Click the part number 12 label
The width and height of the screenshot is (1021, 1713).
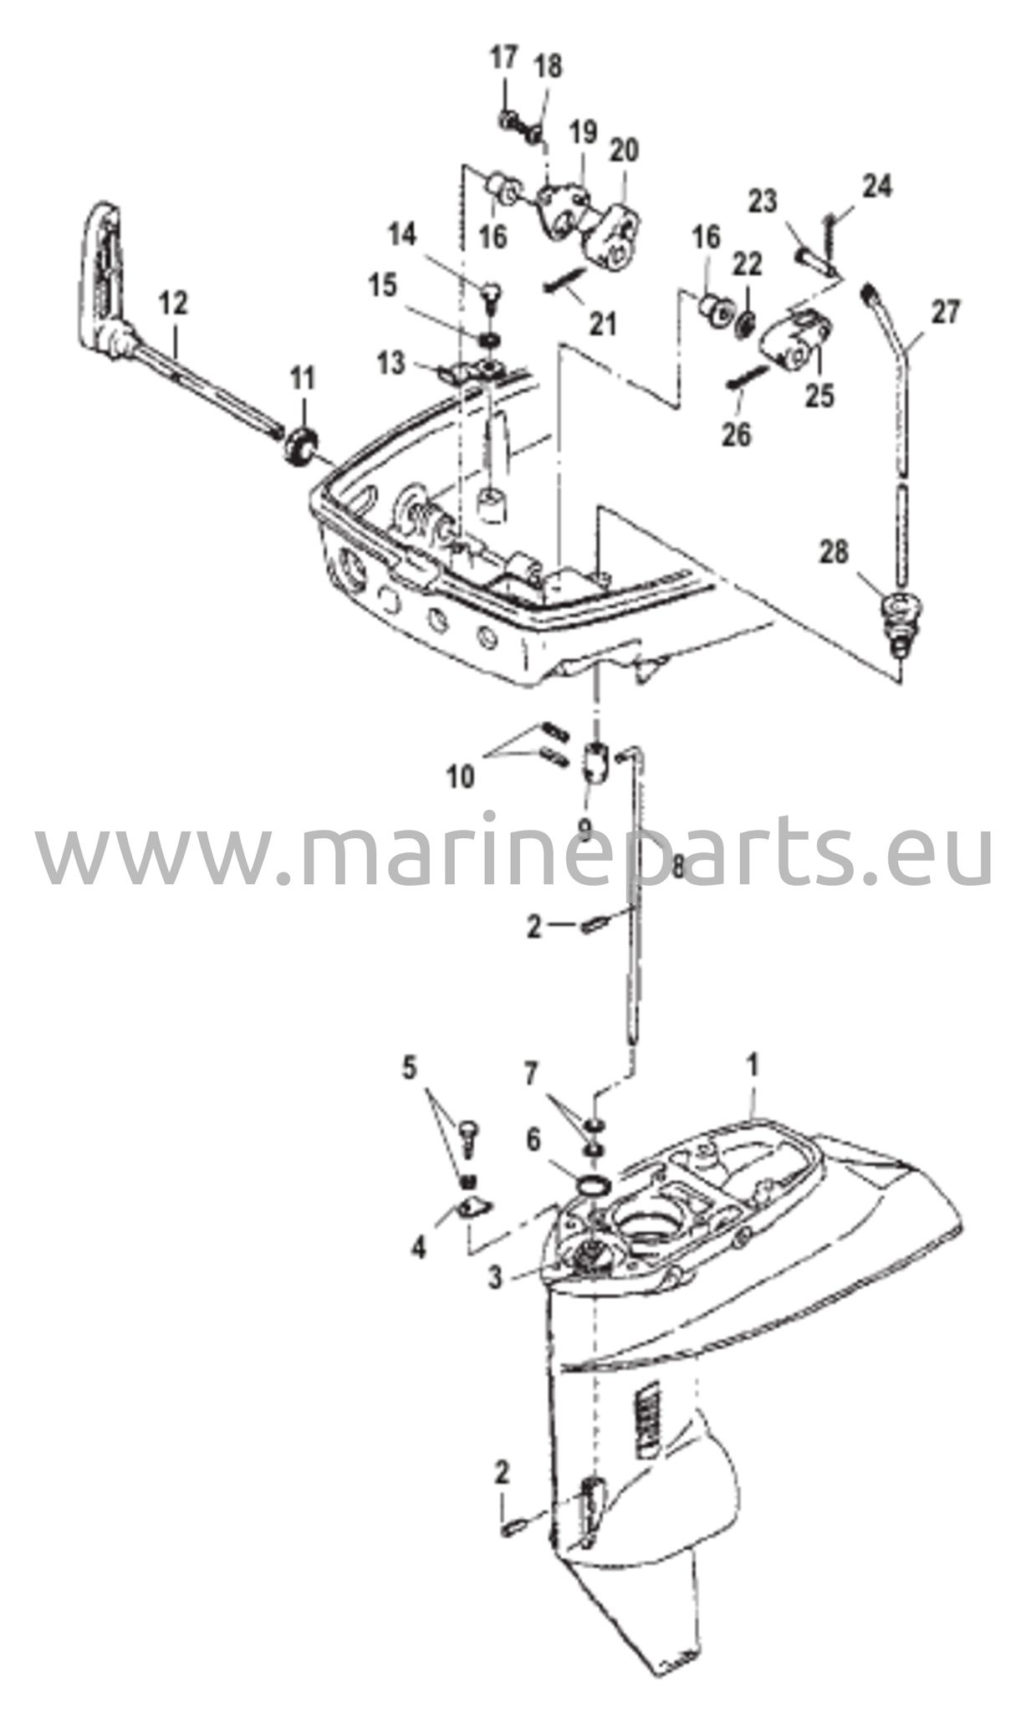pyautogui.click(x=176, y=303)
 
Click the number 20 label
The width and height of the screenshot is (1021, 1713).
pyautogui.click(x=624, y=151)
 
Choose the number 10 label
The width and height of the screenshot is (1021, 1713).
pyautogui.click(x=459, y=777)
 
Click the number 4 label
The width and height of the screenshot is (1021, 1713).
pyautogui.click(x=417, y=1249)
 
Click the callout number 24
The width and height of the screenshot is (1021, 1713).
pyautogui.click(x=876, y=187)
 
